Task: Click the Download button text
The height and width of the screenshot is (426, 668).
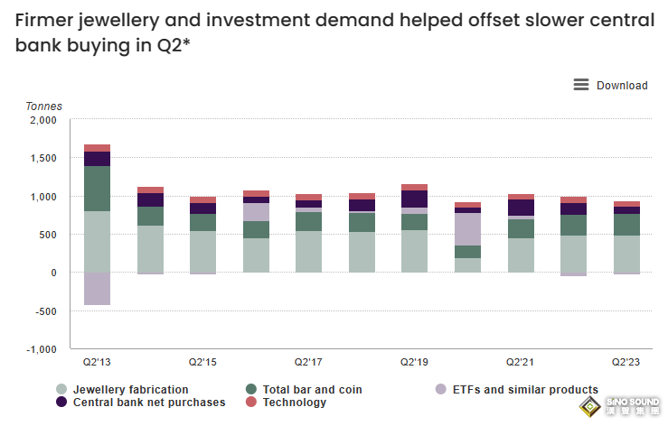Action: point(622,86)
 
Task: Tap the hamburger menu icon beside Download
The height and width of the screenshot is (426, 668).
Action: point(581,85)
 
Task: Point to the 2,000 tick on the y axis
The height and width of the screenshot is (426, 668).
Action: point(42,120)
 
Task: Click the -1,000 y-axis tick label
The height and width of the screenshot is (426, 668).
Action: point(40,348)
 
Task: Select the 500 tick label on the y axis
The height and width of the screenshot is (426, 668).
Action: point(47,235)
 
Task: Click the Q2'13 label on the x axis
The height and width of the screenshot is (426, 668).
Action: point(97,362)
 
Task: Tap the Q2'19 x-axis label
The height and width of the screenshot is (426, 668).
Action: point(414,362)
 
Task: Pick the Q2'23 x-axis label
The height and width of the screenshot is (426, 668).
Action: point(626,362)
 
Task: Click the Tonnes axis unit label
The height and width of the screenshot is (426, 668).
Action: point(43,106)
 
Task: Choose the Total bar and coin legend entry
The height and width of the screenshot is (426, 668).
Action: point(312,390)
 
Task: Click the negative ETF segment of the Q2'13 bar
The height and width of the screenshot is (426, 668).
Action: point(97,289)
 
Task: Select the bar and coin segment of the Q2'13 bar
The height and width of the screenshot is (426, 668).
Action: point(97,188)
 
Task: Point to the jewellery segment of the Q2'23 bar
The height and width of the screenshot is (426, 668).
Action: point(626,254)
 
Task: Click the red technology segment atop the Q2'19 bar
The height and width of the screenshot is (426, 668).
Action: point(414,187)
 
